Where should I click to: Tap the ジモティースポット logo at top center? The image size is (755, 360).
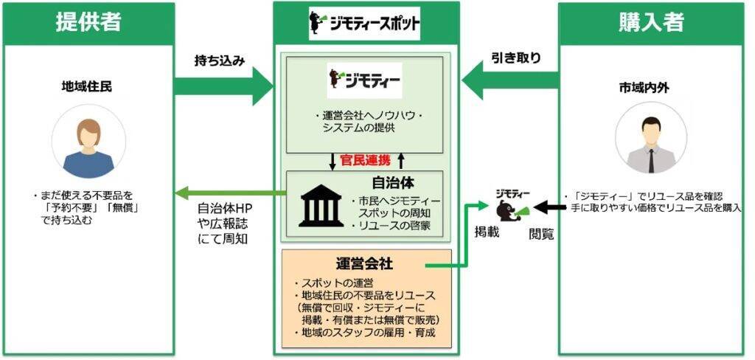[365, 24]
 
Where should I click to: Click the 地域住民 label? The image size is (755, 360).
[87, 87]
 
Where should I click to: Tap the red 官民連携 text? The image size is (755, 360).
[363, 159]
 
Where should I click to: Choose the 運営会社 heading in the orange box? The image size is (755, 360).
[363, 263]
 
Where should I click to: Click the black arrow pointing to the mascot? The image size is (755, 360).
[546, 204]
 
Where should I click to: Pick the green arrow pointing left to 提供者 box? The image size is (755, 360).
[229, 193]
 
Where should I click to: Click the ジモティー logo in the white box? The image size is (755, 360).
[365, 77]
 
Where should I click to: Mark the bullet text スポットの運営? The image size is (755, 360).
[327, 283]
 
